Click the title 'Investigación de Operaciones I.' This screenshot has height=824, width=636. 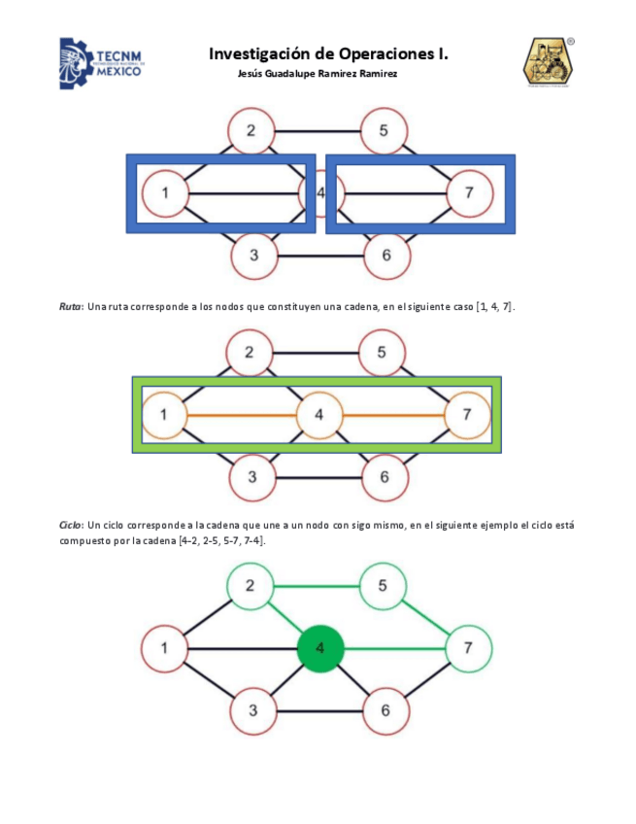[x=328, y=54]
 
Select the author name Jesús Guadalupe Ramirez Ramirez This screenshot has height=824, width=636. [x=317, y=75]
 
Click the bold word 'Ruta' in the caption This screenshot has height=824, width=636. [x=71, y=307]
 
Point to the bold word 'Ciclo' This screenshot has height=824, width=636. [x=71, y=525]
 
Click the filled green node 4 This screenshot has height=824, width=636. [x=320, y=647]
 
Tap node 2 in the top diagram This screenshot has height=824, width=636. [x=251, y=131]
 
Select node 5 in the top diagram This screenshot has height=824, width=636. [x=385, y=131]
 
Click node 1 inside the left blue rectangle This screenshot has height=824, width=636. [x=166, y=193]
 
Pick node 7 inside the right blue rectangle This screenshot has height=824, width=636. [x=469, y=193]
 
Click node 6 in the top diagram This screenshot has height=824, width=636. [x=385, y=256]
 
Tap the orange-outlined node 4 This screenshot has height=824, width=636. [x=319, y=415]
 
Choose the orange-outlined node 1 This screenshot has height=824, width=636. [x=166, y=415]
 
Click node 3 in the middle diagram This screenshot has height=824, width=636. [x=251, y=477]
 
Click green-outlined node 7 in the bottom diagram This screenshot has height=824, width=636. [x=469, y=647]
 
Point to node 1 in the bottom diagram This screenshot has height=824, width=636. [x=166, y=647]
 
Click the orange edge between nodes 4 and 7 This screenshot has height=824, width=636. [x=393, y=415]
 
